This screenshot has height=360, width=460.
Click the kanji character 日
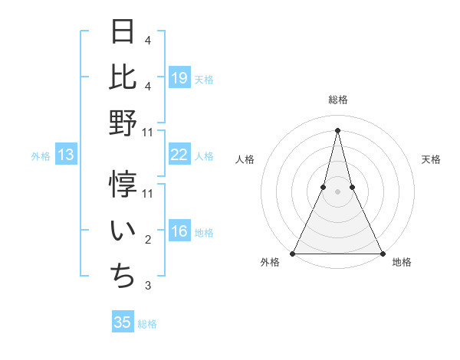pyautogui.click(x=123, y=31)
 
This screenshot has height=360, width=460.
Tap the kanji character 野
pyautogui.click(x=123, y=122)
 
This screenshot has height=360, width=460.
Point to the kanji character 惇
pyautogui.click(x=123, y=185)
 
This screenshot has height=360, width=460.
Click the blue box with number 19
pyautogui.click(x=179, y=77)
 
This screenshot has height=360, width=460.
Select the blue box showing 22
pyautogui.click(x=179, y=155)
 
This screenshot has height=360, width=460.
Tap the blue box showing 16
pyautogui.click(x=179, y=232)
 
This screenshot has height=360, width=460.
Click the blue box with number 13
pyautogui.click(x=66, y=155)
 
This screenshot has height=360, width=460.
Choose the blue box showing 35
pyautogui.click(x=123, y=322)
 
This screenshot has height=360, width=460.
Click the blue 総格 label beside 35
pyautogui.click(x=147, y=324)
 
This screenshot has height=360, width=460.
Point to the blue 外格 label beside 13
pyautogui.click(x=41, y=156)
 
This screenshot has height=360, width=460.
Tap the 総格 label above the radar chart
pyautogui.click(x=337, y=100)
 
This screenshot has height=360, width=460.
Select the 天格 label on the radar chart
pyautogui.click(x=431, y=159)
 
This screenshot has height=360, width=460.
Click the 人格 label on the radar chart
pyautogui.click(x=245, y=159)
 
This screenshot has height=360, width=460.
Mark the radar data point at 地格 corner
pyautogui.click(x=382, y=253)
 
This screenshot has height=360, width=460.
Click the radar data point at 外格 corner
pyautogui.click(x=293, y=253)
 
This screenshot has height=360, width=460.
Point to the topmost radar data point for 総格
pyautogui.click(x=337, y=129)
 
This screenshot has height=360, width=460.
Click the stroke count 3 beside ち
pyautogui.click(x=148, y=286)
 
